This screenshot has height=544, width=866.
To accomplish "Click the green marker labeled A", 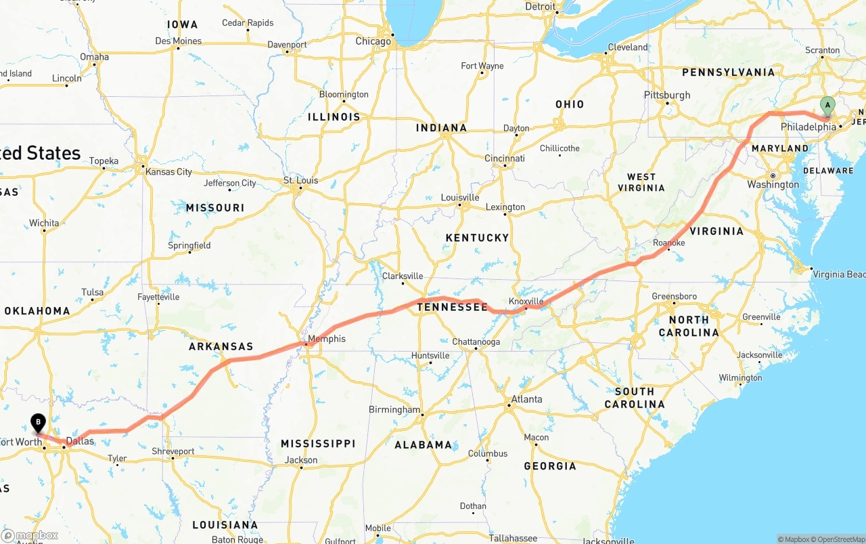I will click(827, 106).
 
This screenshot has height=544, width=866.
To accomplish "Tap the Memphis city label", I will click(326, 339).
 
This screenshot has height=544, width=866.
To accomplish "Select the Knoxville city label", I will click(526, 301).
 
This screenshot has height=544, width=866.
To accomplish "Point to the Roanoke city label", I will click(669, 243).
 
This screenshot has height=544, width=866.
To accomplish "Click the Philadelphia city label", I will click(808, 127).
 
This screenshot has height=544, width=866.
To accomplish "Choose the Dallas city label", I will click(80, 441).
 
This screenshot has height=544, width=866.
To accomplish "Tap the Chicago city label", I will click(373, 41).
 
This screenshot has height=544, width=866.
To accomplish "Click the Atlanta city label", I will click(526, 399).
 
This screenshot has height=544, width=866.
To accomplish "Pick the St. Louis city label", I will click(300, 181).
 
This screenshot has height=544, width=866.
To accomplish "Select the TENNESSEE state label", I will click(452, 308).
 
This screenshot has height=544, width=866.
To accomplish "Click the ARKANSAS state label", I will click(221, 346).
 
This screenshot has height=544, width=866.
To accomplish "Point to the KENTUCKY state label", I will click(477, 238).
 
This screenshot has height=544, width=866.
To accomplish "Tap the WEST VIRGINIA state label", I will click(641, 182).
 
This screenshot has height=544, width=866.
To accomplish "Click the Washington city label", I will click(773, 185).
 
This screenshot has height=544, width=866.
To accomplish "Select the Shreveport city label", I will click(174, 451).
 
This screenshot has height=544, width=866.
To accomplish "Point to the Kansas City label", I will click(168, 172).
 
